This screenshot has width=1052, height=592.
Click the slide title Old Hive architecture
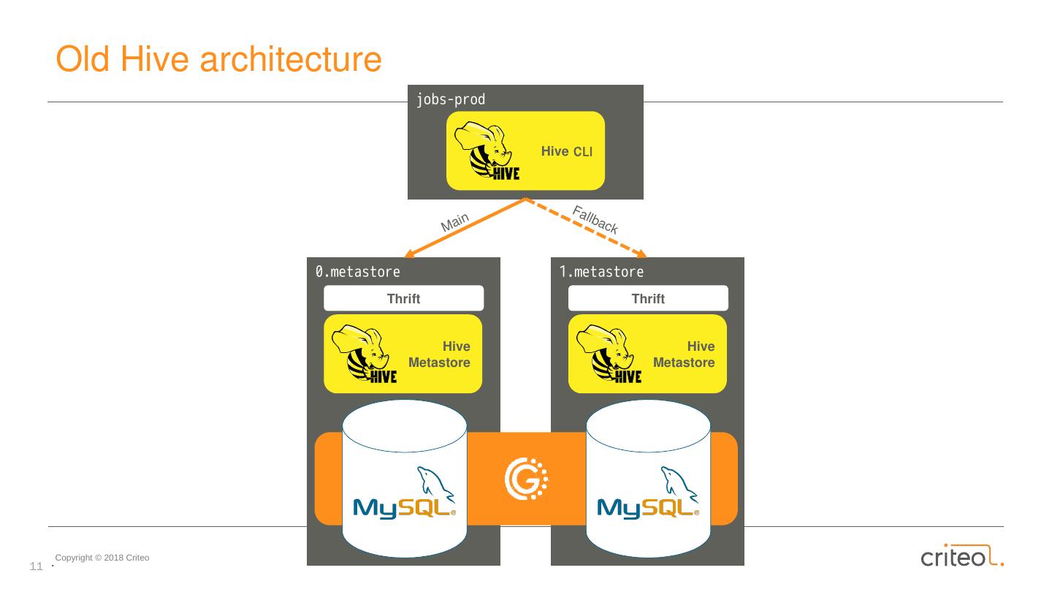218,60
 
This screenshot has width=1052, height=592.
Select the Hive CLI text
567,151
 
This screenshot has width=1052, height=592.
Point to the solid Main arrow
465,228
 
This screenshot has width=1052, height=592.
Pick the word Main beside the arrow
454,221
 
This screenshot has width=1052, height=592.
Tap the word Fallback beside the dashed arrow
595,220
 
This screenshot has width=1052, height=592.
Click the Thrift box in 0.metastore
403,298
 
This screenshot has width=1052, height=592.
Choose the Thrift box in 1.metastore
648,298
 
